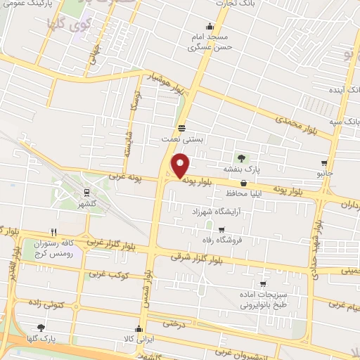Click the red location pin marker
pyautogui.click(x=181, y=166)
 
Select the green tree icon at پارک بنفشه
pyautogui.click(x=242, y=157)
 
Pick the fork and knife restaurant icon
pyautogui.click(x=53, y=231)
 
